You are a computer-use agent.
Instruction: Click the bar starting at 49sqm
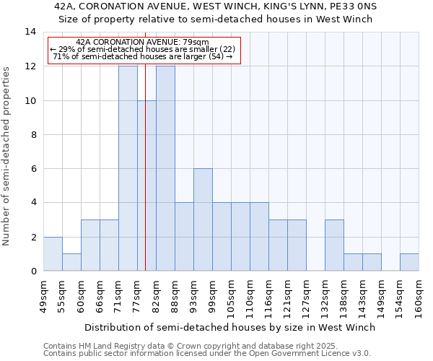click(53, 253)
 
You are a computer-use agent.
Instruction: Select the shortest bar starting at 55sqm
click(71, 262)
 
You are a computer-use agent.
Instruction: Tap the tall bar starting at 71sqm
click(128, 168)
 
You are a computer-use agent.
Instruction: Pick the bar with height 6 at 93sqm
click(203, 219)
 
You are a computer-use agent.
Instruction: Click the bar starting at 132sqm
click(334, 245)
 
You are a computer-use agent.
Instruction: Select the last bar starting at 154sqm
click(409, 262)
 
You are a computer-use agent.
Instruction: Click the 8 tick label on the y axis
click(32, 134)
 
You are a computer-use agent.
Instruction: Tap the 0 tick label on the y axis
click(32, 271)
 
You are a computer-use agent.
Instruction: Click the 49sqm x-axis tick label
click(44, 294)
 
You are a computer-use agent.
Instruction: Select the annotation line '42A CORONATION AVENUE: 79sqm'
click(142, 43)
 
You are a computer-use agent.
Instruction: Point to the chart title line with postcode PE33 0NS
click(216, 6)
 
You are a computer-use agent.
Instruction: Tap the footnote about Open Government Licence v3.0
click(207, 354)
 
